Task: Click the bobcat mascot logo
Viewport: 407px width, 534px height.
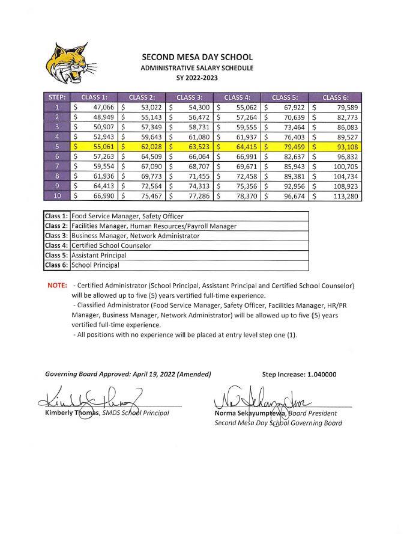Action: (70, 65)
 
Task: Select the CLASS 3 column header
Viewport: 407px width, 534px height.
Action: (190, 97)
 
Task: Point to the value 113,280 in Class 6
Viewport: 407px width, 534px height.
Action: (344, 195)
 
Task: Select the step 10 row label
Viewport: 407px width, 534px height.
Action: (56, 195)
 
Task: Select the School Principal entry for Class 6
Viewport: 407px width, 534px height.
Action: (95, 265)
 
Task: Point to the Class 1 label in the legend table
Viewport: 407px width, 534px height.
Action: (57, 216)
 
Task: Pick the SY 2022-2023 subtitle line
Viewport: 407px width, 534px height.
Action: (197, 78)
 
